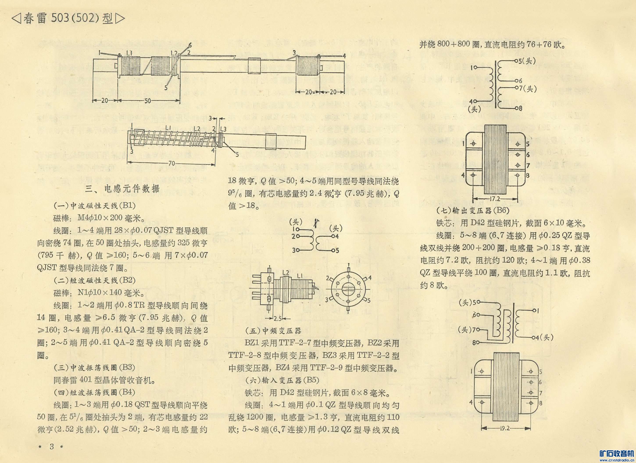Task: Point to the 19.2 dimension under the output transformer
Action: point(504,429)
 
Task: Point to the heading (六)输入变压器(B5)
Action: point(282,380)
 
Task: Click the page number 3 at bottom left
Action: point(52,446)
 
